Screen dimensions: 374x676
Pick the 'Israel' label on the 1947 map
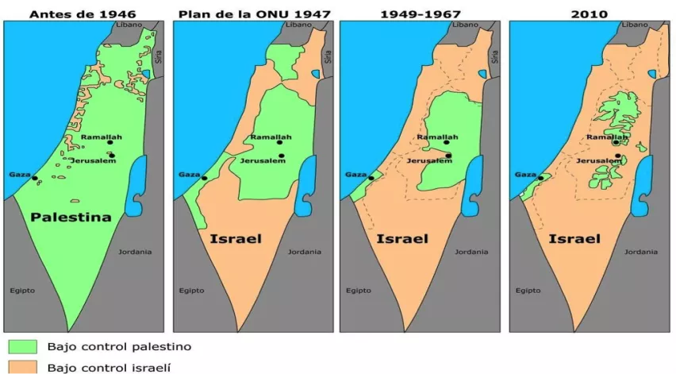point(236,237)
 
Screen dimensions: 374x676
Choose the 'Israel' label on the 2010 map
point(574,237)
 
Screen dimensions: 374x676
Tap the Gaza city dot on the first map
point(34,179)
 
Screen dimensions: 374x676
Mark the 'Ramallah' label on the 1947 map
point(271,137)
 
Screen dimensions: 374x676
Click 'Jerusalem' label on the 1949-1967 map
point(428,161)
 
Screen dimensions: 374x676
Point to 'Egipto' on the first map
point(22,290)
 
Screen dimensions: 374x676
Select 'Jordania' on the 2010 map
point(642,252)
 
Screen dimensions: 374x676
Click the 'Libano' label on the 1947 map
point(299,25)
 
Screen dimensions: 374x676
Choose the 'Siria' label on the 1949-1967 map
point(496,56)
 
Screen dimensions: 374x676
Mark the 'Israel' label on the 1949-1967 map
point(402,237)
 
